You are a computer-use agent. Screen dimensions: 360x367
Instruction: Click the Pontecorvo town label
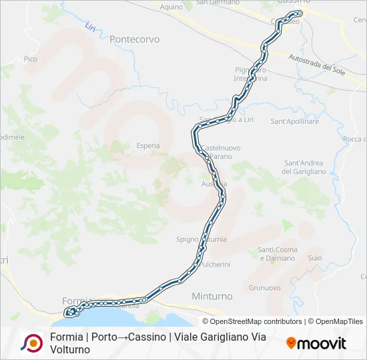(135, 39)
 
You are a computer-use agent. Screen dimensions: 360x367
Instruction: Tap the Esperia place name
(148, 145)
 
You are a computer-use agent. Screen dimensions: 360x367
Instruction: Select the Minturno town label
(212, 295)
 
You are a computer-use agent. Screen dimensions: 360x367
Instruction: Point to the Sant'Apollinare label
(294, 121)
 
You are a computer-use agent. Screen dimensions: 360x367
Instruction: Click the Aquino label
(171, 7)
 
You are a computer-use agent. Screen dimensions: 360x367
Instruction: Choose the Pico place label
(30, 59)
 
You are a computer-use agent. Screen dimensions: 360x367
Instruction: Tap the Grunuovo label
(264, 288)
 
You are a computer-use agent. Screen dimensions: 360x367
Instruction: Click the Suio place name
(315, 257)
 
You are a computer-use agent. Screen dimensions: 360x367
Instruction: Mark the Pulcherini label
(214, 265)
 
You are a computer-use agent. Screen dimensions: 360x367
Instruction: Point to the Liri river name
(90, 29)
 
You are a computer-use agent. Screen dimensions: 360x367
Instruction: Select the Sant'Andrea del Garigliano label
(304, 167)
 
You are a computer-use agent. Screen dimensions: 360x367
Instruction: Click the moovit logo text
(322, 343)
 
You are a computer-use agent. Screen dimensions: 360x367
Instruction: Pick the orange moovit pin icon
(291, 343)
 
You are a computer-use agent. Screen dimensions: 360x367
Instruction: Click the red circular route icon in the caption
(31, 343)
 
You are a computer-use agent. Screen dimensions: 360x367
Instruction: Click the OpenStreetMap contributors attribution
(257, 321)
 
